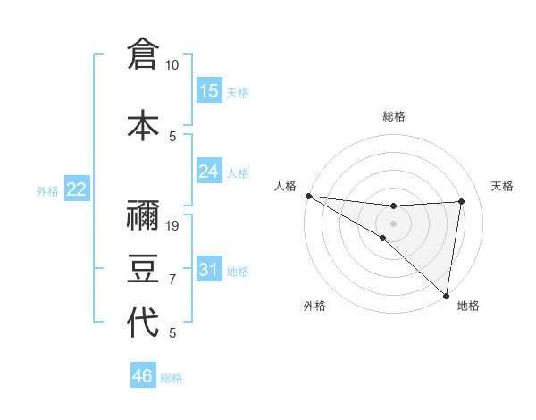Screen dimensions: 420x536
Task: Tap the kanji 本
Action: (143, 125)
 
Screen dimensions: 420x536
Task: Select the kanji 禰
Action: (143, 214)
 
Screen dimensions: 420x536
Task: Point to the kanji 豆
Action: (143, 268)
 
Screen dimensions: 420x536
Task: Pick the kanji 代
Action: (143, 323)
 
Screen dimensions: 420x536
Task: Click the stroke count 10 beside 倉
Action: (172, 65)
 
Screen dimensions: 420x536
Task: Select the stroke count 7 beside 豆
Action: (172, 280)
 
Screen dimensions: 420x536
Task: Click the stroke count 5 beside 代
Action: (172, 333)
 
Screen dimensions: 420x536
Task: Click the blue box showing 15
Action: (209, 91)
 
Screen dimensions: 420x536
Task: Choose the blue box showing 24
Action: (209, 172)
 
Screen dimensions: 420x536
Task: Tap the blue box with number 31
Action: (209, 270)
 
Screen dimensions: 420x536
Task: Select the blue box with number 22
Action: (77, 189)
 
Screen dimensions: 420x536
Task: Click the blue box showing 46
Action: (143, 376)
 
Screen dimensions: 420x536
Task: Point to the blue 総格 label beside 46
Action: (172, 378)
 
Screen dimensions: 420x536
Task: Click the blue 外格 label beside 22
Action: (46, 190)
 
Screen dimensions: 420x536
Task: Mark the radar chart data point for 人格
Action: (308, 196)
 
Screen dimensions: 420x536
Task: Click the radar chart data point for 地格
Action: (446, 295)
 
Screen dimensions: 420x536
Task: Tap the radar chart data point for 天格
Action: (462, 201)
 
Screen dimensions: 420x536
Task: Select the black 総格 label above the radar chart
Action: (393, 116)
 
